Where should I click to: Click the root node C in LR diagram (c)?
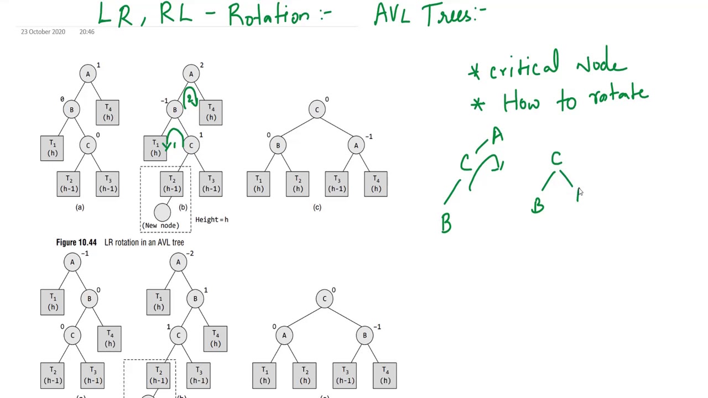pyautogui.click(x=317, y=109)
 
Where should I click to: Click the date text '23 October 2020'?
pyautogui.click(x=43, y=32)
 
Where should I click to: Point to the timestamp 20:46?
pyautogui.click(x=87, y=32)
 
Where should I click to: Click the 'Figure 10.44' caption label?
pyautogui.click(x=76, y=243)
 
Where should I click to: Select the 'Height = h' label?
pyautogui.click(x=212, y=220)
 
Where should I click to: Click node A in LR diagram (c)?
pyautogui.click(x=356, y=146)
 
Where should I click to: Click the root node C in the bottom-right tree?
pyautogui.click(x=325, y=299)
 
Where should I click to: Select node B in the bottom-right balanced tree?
pyautogui.click(x=365, y=336)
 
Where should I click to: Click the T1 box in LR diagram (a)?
pyautogui.click(x=52, y=148)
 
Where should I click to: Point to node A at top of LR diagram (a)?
pyautogui.click(x=88, y=74)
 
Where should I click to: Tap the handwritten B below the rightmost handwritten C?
pyautogui.click(x=538, y=206)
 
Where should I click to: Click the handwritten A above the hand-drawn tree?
pyautogui.click(x=497, y=135)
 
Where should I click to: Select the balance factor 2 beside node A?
pyautogui.click(x=201, y=65)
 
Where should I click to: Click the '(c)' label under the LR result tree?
pyautogui.click(x=317, y=207)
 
